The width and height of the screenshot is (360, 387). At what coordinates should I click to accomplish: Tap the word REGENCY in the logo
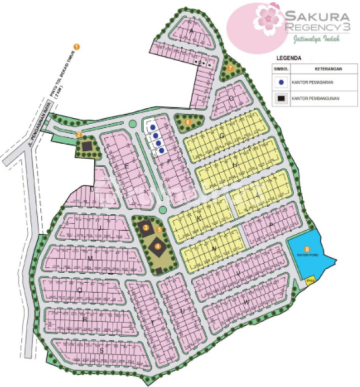(x=308, y=29)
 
